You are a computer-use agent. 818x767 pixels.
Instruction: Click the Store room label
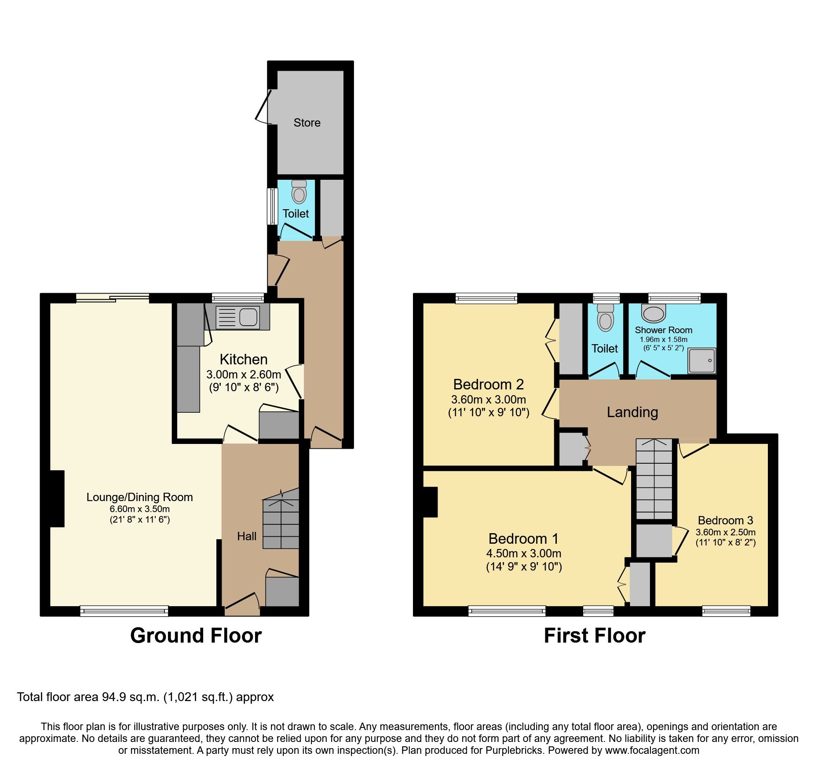(x=307, y=123)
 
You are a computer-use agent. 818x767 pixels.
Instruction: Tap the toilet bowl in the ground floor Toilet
(x=299, y=193)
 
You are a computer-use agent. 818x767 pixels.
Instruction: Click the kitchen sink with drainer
(x=238, y=316)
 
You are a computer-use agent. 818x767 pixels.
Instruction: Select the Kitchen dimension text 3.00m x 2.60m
(x=244, y=374)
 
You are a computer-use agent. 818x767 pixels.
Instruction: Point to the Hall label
(x=247, y=536)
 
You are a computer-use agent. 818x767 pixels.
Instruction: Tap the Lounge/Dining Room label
(x=139, y=497)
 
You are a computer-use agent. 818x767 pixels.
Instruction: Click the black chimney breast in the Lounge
(x=57, y=498)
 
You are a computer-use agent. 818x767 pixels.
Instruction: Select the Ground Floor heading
(x=196, y=636)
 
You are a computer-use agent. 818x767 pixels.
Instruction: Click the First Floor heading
(x=594, y=636)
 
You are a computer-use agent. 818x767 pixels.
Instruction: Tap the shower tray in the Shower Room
(x=702, y=360)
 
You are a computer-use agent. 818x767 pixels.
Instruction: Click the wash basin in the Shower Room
(x=654, y=313)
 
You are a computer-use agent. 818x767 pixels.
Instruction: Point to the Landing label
(x=632, y=412)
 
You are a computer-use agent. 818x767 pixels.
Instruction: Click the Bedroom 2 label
(x=488, y=385)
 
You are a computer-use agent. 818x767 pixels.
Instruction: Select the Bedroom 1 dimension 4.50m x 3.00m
(x=523, y=553)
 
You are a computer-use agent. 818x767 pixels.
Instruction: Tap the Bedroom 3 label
(x=725, y=520)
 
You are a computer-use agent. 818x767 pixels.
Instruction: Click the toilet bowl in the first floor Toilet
(x=606, y=320)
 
